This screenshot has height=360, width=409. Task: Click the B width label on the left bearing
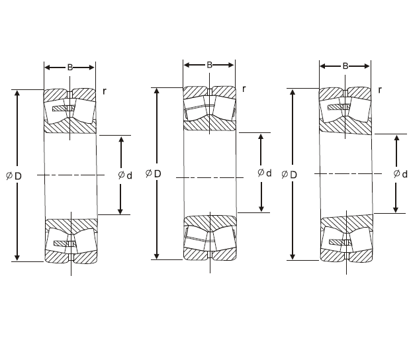point(70,67)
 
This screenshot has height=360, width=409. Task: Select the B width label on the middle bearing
point(209,65)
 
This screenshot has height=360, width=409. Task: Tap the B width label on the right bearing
point(345,66)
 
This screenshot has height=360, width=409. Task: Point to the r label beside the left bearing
point(105,90)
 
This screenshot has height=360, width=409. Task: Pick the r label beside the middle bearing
point(244,89)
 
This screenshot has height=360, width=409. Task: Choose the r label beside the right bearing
point(380,89)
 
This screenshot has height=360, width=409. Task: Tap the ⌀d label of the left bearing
point(124,175)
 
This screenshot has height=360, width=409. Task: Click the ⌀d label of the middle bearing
point(264,173)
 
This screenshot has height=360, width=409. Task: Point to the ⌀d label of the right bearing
point(400,174)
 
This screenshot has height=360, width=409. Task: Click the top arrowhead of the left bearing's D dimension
point(18,93)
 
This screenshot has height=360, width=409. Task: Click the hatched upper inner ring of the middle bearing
point(210,123)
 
